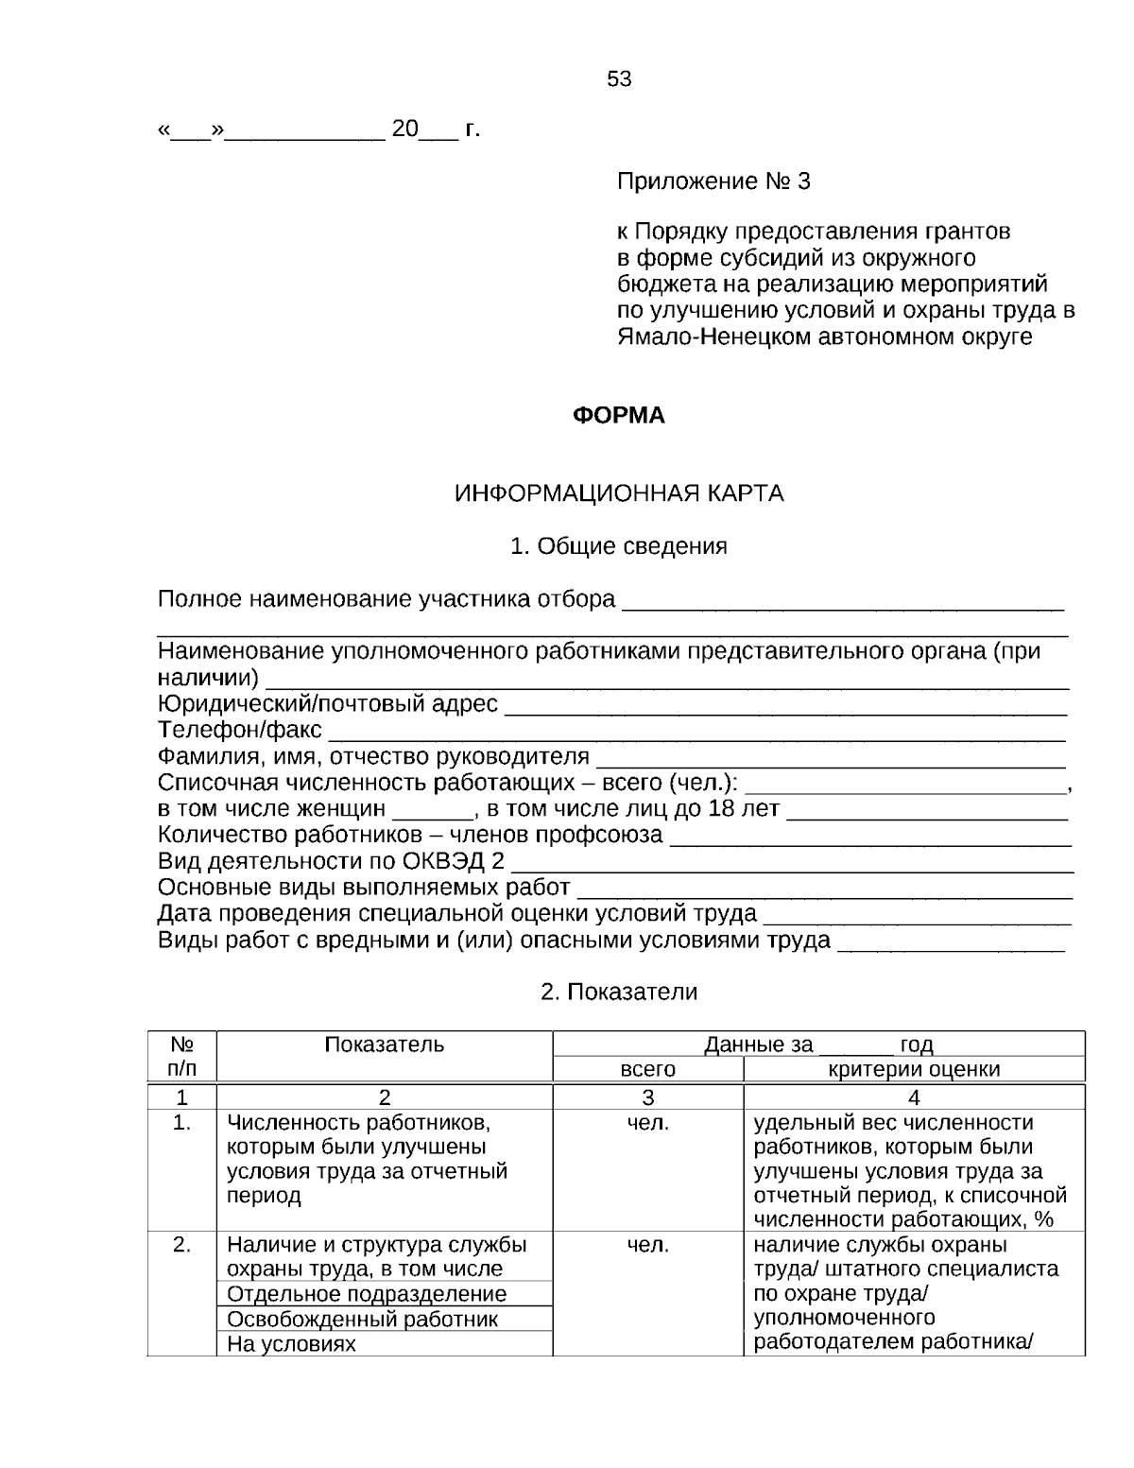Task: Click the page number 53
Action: coord(619,79)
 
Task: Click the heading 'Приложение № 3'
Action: coord(713,181)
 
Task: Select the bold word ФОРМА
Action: coord(619,416)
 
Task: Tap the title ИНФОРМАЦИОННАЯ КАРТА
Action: coord(619,493)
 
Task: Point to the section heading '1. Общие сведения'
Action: coord(619,546)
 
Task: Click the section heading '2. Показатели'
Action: coord(619,992)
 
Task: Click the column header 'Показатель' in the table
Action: coord(384,1045)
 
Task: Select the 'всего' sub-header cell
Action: coord(647,1069)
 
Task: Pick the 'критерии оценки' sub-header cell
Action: coord(914,1069)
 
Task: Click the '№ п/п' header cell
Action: coord(182,1056)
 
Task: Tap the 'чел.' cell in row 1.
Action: coord(647,1123)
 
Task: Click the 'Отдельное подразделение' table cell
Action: coord(367,1294)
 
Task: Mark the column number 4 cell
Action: coord(914,1097)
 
